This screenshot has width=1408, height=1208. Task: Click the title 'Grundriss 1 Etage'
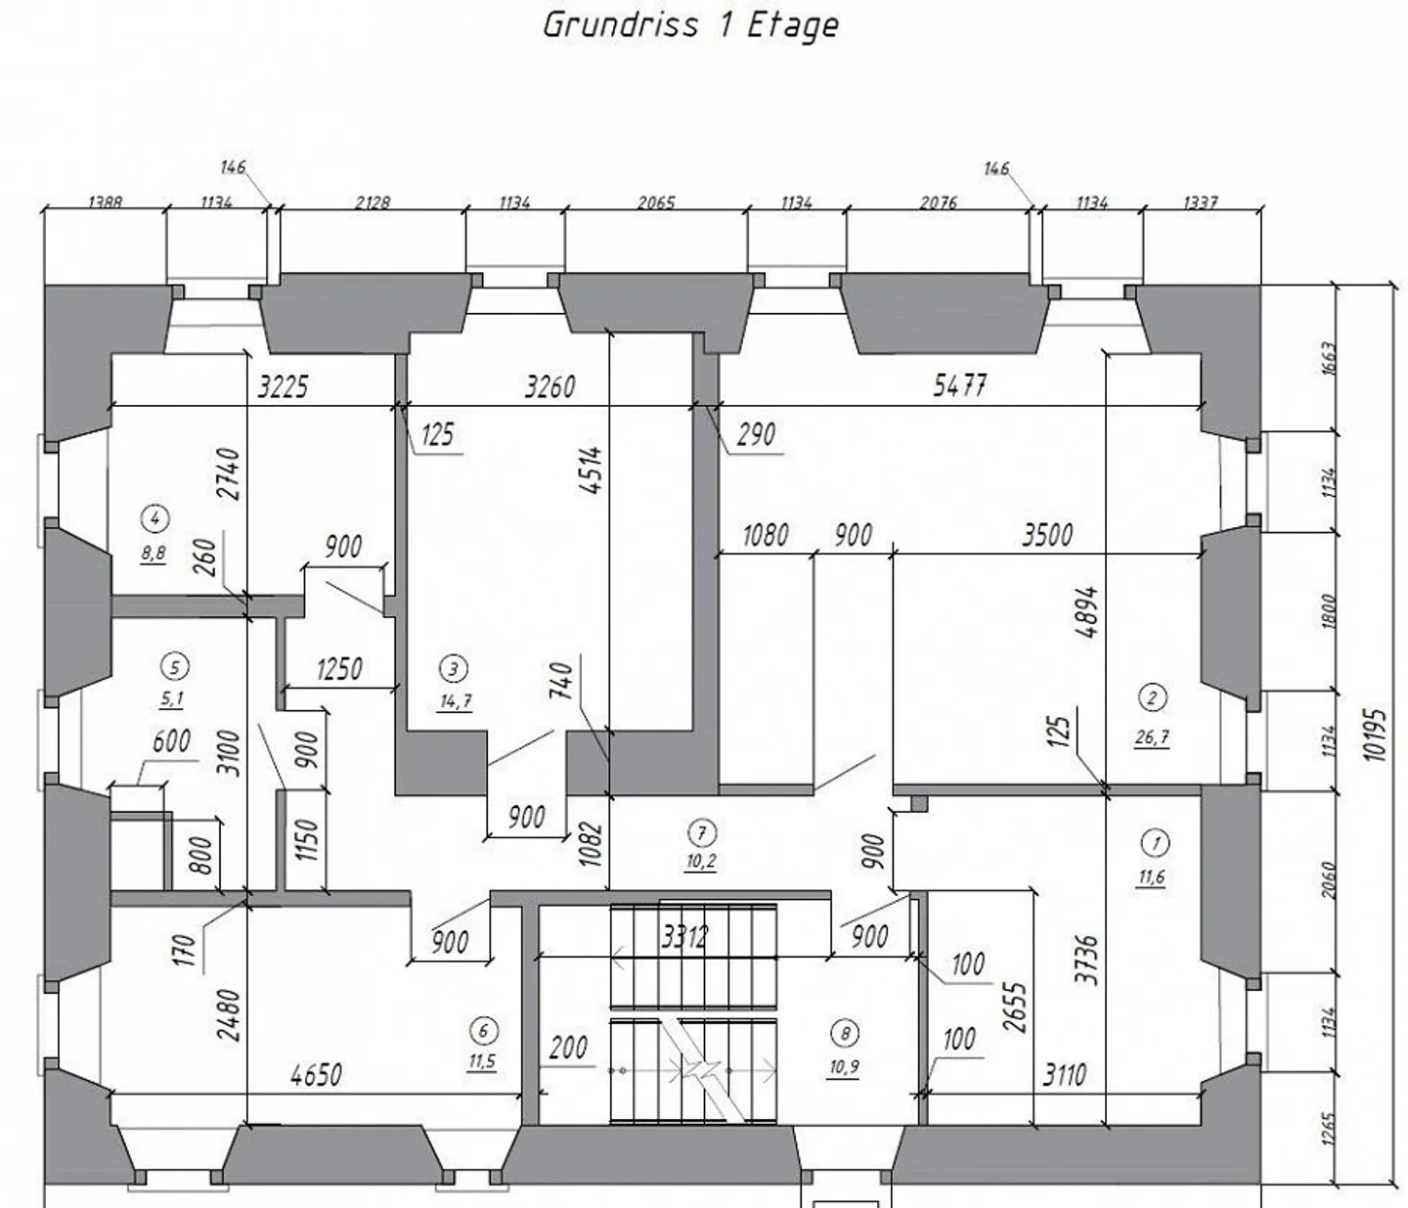pos(690,24)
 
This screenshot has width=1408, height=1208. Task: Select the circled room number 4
pos(154,517)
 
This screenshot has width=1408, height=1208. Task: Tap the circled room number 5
pos(174,667)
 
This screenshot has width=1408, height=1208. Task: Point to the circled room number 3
pos(454,669)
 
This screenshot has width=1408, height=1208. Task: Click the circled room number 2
pos(1153,697)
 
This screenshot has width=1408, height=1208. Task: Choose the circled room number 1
pos(1155,843)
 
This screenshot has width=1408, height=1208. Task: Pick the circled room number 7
pos(701,832)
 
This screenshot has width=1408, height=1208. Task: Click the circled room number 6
pos(482,1030)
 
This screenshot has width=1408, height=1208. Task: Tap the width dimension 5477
pos(959,385)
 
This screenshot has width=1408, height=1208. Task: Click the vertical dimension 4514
pos(591,470)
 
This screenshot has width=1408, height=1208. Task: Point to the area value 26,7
pos(1152,738)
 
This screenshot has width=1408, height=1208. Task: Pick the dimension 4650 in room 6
pos(317,1075)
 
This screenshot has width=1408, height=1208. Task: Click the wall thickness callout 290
pos(755,434)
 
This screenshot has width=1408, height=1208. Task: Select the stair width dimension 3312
pos(684,937)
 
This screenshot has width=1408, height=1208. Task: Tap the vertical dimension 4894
pos(1085,612)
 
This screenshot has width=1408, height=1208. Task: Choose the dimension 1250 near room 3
pos(339,669)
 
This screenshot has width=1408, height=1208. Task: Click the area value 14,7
pos(455,700)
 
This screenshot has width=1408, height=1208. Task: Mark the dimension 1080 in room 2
pos(766,535)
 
